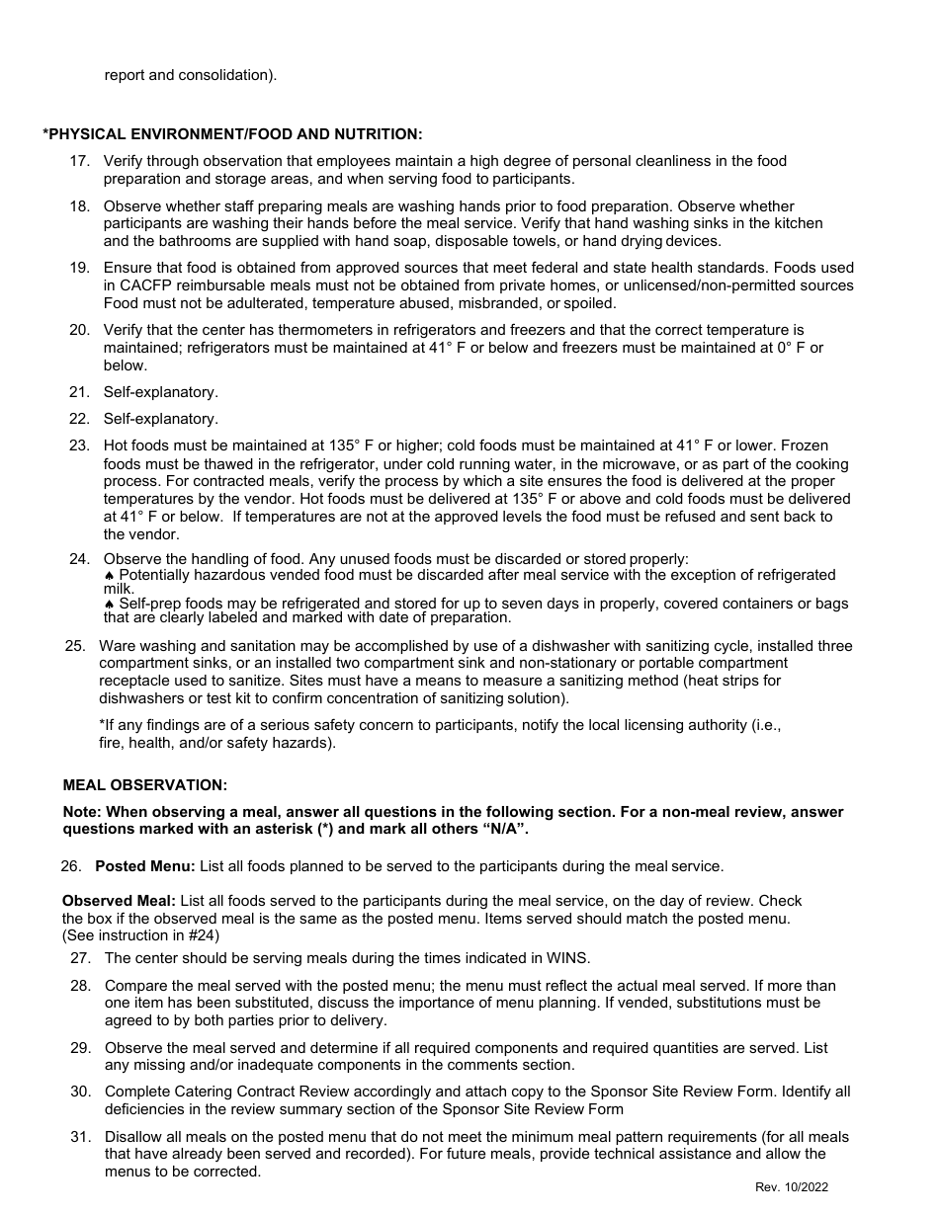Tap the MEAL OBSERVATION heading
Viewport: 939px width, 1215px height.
click(x=144, y=785)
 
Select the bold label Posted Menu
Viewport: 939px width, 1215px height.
click(x=145, y=866)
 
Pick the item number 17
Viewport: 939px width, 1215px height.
click(x=80, y=161)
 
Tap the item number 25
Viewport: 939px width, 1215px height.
click(x=75, y=646)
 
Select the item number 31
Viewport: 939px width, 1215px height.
click(x=80, y=1137)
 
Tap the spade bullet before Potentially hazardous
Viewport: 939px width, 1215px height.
click(x=109, y=576)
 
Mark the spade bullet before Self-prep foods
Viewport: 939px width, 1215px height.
click(x=109, y=604)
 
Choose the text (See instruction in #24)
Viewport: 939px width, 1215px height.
click(x=140, y=934)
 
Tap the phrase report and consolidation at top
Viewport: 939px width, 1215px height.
click(x=190, y=75)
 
